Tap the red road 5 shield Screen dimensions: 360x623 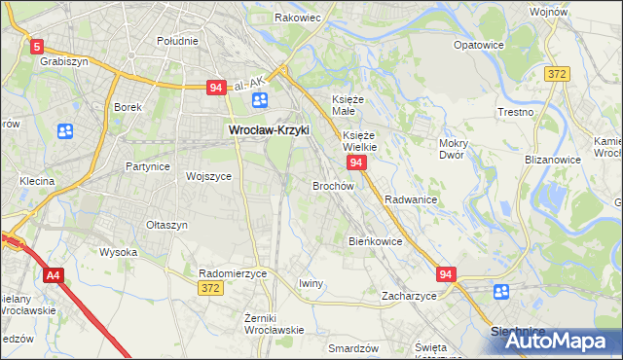click(x=37, y=46)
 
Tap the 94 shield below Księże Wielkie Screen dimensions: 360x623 click(x=357, y=162)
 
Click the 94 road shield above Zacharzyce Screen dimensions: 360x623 click(x=446, y=275)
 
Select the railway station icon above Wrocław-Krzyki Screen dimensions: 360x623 click(x=259, y=101)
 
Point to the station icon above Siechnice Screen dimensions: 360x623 click(x=500, y=291)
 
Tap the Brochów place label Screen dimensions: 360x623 click(x=332, y=185)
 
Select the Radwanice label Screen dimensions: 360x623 click(x=410, y=198)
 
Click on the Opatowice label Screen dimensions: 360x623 click(x=478, y=45)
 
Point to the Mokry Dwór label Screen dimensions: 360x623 click(x=454, y=149)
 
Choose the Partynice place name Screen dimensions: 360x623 click(x=148, y=166)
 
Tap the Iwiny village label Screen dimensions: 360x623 click(x=311, y=283)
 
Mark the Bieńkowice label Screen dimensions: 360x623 click(x=375, y=240)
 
